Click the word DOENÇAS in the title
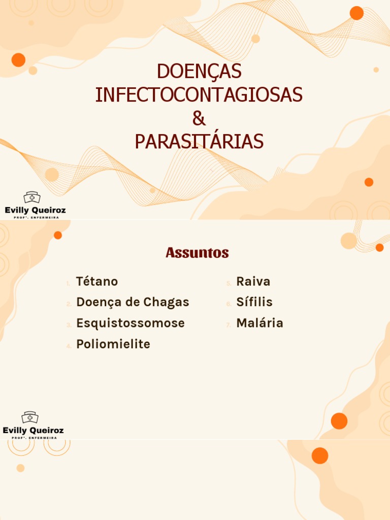pyautogui.click(x=199, y=72)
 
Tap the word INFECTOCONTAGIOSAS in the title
pyautogui.click(x=199, y=95)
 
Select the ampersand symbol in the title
pyautogui.click(x=199, y=119)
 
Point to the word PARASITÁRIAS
pyautogui.click(x=199, y=142)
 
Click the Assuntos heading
pyautogui.click(x=197, y=252)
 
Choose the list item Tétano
pyautogui.click(x=97, y=281)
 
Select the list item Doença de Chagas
pyautogui.click(x=133, y=302)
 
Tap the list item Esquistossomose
pyautogui.click(x=131, y=323)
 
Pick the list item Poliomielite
pyautogui.click(x=113, y=344)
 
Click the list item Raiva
pyautogui.click(x=253, y=281)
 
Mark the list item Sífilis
pyautogui.click(x=254, y=302)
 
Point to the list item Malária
pyautogui.click(x=260, y=323)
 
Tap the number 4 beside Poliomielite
pyautogui.click(x=69, y=346)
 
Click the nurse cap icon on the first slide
pyautogui.click(x=31, y=198)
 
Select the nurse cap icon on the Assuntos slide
pyautogui.click(x=30, y=417)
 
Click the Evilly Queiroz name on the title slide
pyautogui.click(x=35, y=210)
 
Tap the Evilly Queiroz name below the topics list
pyautogui.click(x=34, y=431)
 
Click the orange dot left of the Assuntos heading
pyautogui.click(x=58, y=235)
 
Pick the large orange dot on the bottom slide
pyautogui.click(x=320, y=456)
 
